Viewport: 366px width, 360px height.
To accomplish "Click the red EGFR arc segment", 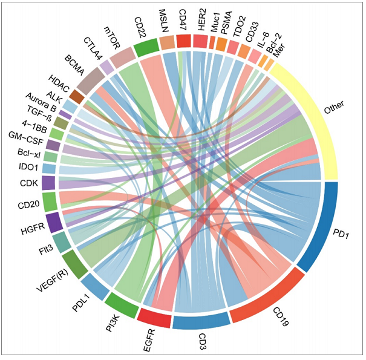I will click(x=154, y=315).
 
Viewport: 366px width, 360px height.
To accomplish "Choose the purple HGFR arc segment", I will click(x=53, y=223).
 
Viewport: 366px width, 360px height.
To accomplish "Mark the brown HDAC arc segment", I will click(x=77, y=96).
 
